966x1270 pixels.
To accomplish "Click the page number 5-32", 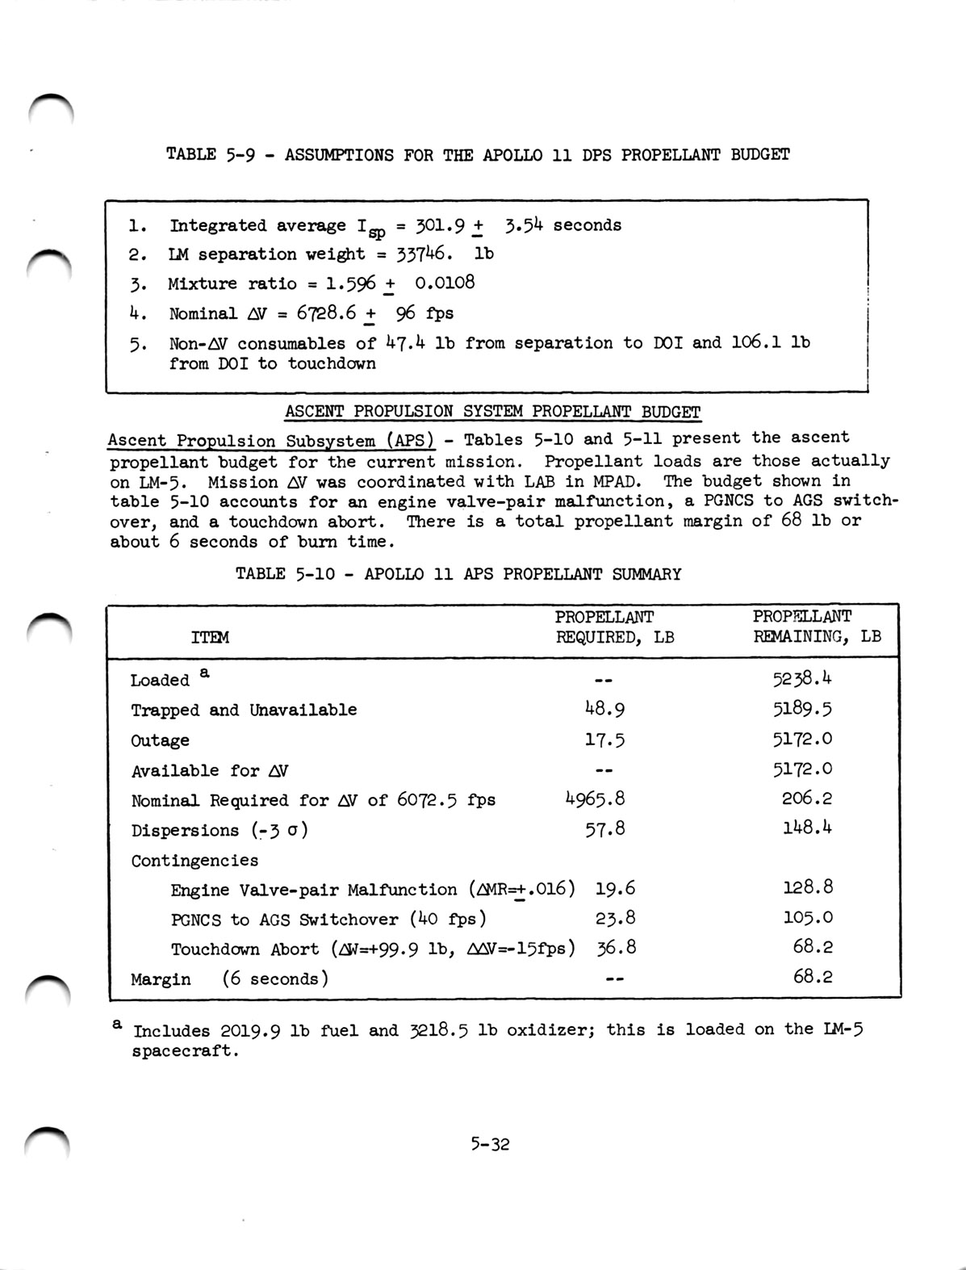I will coord(491,1144).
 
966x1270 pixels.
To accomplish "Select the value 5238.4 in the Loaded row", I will coord(803,678).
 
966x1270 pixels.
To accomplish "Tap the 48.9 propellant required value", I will coord(604,709).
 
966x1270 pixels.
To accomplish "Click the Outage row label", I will coord(160,740).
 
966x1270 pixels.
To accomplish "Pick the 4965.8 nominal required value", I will coord(595,799).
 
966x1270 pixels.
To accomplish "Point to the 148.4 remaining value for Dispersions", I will coord(807,828).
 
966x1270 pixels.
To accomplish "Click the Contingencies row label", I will coord(194,860).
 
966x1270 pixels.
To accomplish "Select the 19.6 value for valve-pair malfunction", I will coord(615,889).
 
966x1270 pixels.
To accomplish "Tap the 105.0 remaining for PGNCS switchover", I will coord(808,918).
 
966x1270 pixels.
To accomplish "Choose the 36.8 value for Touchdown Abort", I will coord(616,948).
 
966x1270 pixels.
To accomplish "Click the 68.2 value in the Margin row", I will coord(813,977).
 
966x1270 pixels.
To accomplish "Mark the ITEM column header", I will coord(210,637).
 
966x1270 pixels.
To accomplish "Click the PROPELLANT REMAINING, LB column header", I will coord(816,627).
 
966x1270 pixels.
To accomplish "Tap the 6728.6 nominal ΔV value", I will coord(326,313).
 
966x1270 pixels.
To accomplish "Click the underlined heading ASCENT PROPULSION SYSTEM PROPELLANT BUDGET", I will coord(492,411).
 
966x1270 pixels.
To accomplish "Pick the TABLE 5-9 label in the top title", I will coord(211,154).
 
